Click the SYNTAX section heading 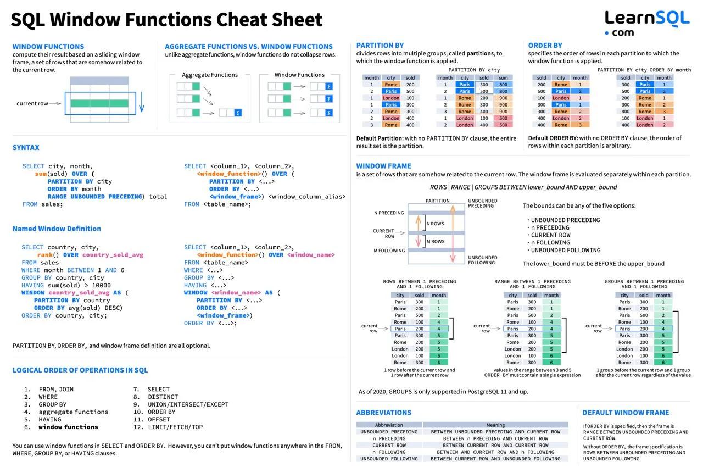[26, 147]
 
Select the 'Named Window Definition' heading [57, 229]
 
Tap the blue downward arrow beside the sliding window [142, 102]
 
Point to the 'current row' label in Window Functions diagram [32, 103]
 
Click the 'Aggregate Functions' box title [210, 75]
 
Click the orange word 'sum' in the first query [41, 174]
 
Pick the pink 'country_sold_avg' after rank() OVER [113, 255]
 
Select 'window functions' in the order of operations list [69, 427]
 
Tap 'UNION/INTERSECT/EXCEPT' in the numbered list [188, 404]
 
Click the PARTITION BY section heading [380, 45]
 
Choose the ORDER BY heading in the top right [545, 45]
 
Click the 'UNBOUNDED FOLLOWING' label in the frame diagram [483, 260]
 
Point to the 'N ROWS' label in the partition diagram [436, 224]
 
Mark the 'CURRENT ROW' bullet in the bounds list [551, 235]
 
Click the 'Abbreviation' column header [389, 425]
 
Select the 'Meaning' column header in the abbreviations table [495, 425]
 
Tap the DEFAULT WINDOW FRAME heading [626, 413]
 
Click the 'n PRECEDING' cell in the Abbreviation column [389, 438]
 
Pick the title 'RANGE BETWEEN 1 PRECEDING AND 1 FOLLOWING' [533, 284]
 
